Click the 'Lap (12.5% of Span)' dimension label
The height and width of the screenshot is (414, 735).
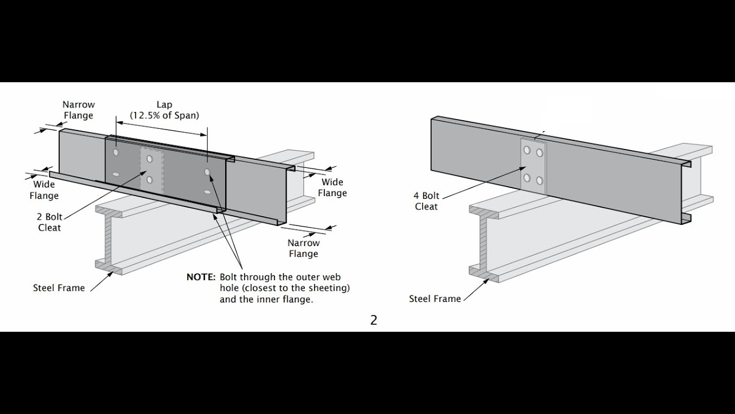[164, 110]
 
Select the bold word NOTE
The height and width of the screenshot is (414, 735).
[200, 277]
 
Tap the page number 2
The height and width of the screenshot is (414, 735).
[373, 320]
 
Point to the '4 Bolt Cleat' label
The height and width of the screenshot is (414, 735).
[426, 201]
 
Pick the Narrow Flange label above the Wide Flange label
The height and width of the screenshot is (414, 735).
[79, 110]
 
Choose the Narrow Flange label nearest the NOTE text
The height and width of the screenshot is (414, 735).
[303, 248]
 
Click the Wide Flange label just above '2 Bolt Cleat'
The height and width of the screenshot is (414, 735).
[44, 190]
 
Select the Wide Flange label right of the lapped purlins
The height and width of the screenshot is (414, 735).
[332, 187]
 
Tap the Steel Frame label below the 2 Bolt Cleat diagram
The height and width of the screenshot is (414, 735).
[59, 288]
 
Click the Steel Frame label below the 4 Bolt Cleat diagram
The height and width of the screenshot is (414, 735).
[435, 298]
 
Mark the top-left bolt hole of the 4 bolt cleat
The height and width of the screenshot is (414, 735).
[527, 151]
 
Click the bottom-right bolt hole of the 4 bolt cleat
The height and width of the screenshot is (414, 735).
[540, 181]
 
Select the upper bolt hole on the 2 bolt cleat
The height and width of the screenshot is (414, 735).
[149, 159]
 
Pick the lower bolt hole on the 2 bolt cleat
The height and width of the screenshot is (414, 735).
[149, 180]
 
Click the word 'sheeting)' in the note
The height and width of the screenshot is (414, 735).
[330, 288]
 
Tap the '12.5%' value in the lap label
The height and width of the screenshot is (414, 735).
[147, 116]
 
